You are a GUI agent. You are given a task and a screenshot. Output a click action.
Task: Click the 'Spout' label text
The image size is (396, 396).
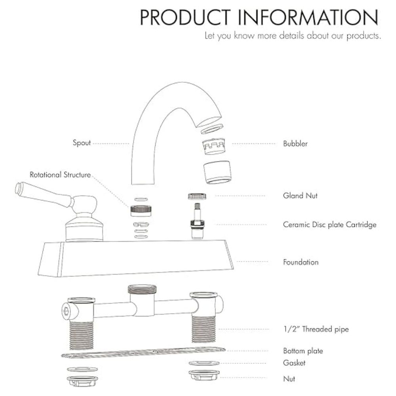click(82, 143)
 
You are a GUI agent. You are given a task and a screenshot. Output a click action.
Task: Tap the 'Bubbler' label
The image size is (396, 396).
click(295, 143)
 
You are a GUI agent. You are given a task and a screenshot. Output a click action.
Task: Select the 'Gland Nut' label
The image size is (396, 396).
click(300, 196)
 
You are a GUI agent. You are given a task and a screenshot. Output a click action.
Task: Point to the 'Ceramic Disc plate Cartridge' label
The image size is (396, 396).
click(329, 225)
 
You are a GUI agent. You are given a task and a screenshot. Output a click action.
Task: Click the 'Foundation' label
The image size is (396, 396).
click(301, 262)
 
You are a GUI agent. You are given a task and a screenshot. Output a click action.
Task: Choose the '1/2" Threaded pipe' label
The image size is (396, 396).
click(316, 329)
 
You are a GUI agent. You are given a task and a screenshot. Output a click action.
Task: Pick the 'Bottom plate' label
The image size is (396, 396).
click(303, 351)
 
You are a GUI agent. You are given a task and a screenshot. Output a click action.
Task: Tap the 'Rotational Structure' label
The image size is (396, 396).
click(60, 175)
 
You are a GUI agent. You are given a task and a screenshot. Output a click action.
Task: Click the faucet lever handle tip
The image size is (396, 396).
click(18, 188)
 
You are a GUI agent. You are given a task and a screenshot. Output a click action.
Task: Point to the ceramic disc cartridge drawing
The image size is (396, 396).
click(198, 221)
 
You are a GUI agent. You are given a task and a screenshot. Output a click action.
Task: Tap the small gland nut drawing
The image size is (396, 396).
click(197, 196)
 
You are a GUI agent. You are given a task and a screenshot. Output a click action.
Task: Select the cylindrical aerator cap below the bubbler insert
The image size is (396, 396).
click(217, 172)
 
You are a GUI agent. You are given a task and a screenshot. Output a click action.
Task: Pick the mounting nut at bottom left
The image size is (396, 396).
click(82, 381)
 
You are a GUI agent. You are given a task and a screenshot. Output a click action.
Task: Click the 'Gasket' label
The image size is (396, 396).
click(294, 363)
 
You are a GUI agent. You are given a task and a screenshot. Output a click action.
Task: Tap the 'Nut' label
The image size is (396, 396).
click(289, 379)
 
